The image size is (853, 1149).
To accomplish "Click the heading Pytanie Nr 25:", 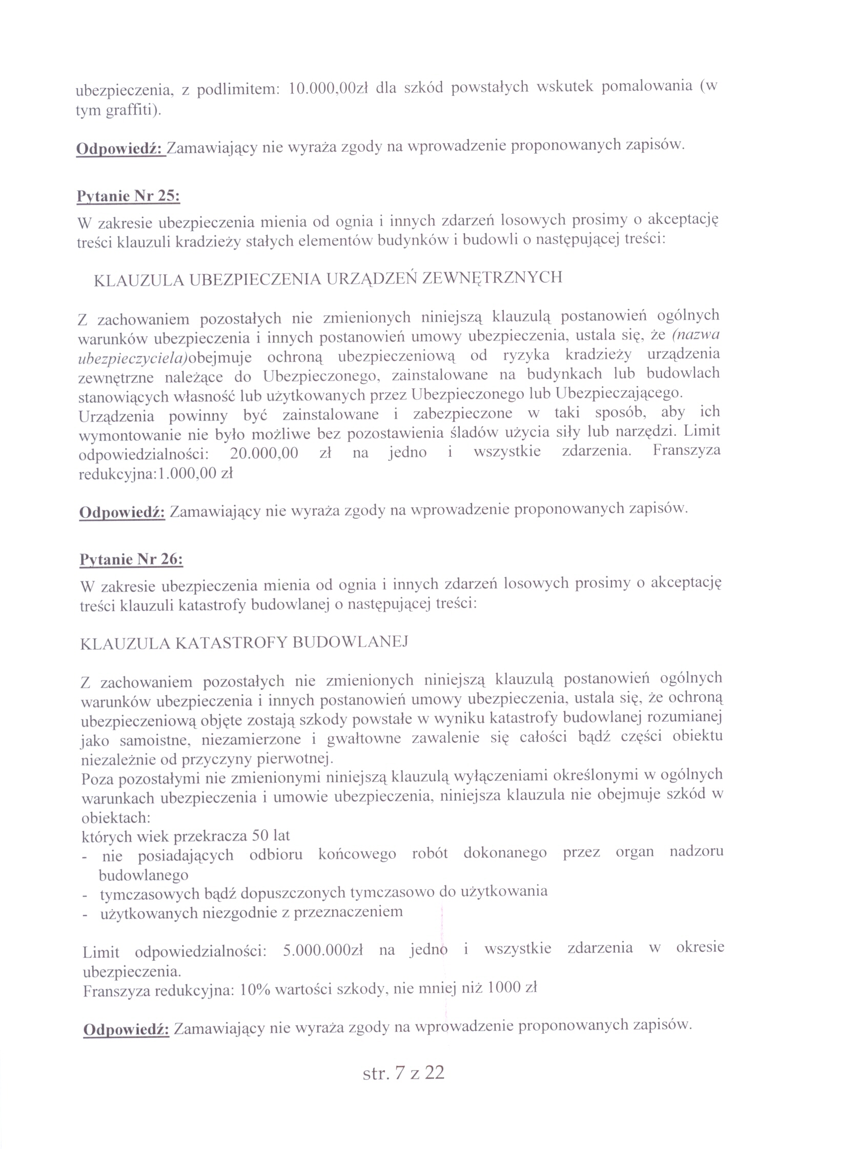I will (x=128, y=197).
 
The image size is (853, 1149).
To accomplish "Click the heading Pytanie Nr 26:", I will (x=131, y=560).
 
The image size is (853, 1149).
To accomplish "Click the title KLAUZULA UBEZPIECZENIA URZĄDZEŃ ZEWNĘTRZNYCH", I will (x=328, y=279).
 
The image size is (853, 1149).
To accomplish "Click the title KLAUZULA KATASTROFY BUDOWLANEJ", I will (x=245, y=642).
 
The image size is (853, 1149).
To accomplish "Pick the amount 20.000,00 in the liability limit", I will (x=264, y=453).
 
